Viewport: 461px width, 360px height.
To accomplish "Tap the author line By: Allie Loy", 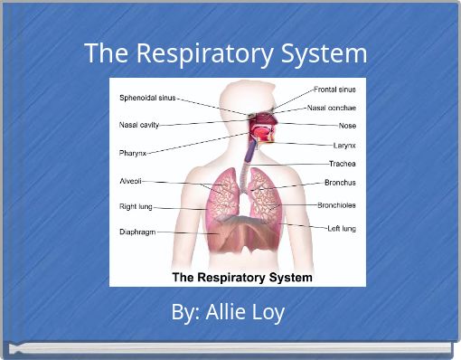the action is pyautogui.click(x=228, y=313).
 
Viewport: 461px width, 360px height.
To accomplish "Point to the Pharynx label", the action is pyautogui.click(x=133, y=153).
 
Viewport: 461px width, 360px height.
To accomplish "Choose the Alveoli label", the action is pyautogui.click(x=130, y=181).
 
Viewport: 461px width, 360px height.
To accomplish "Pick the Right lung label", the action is pyautogui.click(x=137, y=206).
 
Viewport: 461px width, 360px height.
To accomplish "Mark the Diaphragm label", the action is pyautogui.click(x=137, y=232).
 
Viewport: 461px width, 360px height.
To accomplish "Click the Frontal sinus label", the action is pyautogui.click(x=334, y=90).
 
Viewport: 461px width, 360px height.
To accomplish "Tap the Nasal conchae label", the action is pyautogui.click(x=331, y=108).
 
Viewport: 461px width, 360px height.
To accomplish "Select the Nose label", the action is pyautogui.click(x=347, y=125).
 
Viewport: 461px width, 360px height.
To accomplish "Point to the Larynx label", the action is pyautogui.click(x=344, y=145).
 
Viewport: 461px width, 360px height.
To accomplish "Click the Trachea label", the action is pyautogui.click(x=342, y=164).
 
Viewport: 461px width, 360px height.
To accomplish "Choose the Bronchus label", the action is pyautogui.click(x=340, y=183).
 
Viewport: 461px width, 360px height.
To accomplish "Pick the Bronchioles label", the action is pyautogui.click(x=336, y=205).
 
